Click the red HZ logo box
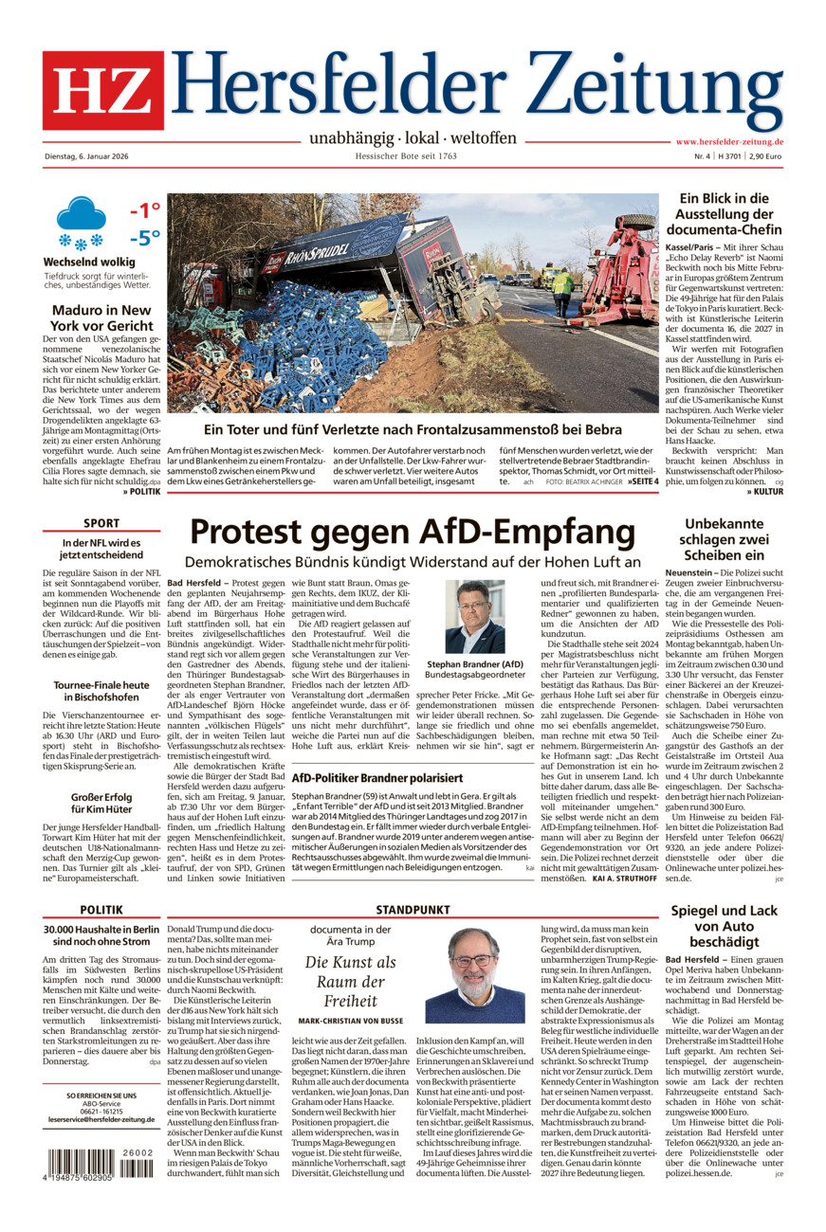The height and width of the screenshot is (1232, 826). [x=102, y=90]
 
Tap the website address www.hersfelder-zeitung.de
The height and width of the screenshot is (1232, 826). [x=729, y=141]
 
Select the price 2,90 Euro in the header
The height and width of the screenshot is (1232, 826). [x=764, y=156]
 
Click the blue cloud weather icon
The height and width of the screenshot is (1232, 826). [x=81, y=214]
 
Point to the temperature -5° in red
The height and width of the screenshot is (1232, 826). [x=144, y=238]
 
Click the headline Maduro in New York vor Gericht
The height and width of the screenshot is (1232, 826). [x=101, y=318]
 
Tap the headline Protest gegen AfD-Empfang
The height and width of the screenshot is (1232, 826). [x=413, y=532]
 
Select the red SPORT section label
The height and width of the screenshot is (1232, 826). [x=101, y=523]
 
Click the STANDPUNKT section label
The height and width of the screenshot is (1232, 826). [x=412, y=909]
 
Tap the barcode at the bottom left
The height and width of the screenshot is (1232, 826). [x=99, y=1163]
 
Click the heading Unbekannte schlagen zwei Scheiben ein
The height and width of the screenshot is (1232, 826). [x=724, y=539]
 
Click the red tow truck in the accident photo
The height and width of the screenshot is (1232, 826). [x=620, y=270]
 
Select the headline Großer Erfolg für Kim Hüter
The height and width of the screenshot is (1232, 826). [x=101, y=804]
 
